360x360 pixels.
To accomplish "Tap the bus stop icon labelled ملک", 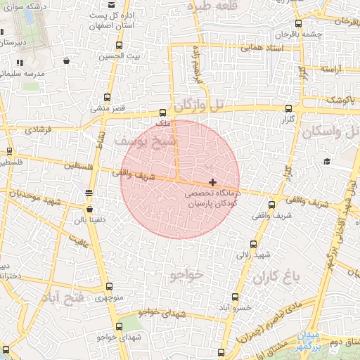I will (163, 112).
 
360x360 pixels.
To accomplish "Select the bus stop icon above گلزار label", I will (289, 108).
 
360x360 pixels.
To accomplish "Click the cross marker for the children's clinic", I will (213, 182).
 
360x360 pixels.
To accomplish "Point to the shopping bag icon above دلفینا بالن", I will (89, 209).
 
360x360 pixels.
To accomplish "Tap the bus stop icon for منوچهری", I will (108, 286).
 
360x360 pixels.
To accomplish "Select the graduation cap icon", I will (327, 162).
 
